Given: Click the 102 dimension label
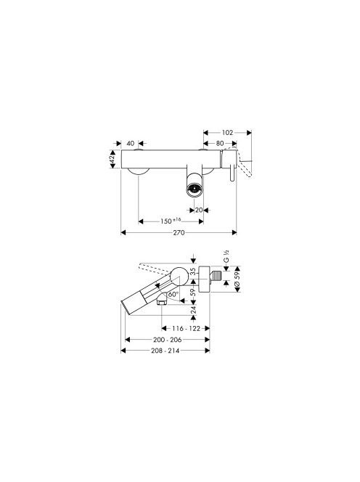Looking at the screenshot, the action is click(227, 133).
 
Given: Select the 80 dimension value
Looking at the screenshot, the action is click(220, 143).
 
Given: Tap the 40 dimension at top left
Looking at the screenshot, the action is click(131, 143).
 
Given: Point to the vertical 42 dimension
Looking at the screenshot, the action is click(112, 159).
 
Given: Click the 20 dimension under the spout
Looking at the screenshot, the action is click(199, 210).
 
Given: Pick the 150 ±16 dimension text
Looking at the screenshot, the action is click(171, 221).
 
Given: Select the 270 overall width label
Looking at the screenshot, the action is click(179, 233).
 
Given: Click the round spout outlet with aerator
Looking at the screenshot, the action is click(195, 189).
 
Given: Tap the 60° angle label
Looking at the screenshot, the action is click(173, 294).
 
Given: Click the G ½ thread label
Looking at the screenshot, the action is click(226, 257).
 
